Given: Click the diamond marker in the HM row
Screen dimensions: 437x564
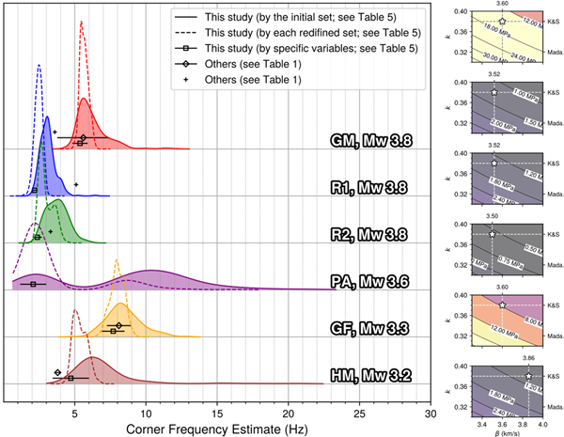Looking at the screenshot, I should (x=58, y=372).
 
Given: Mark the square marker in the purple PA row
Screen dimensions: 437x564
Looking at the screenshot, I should (x=34, y=284).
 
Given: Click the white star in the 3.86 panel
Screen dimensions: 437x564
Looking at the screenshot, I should (x=528, y=376).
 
